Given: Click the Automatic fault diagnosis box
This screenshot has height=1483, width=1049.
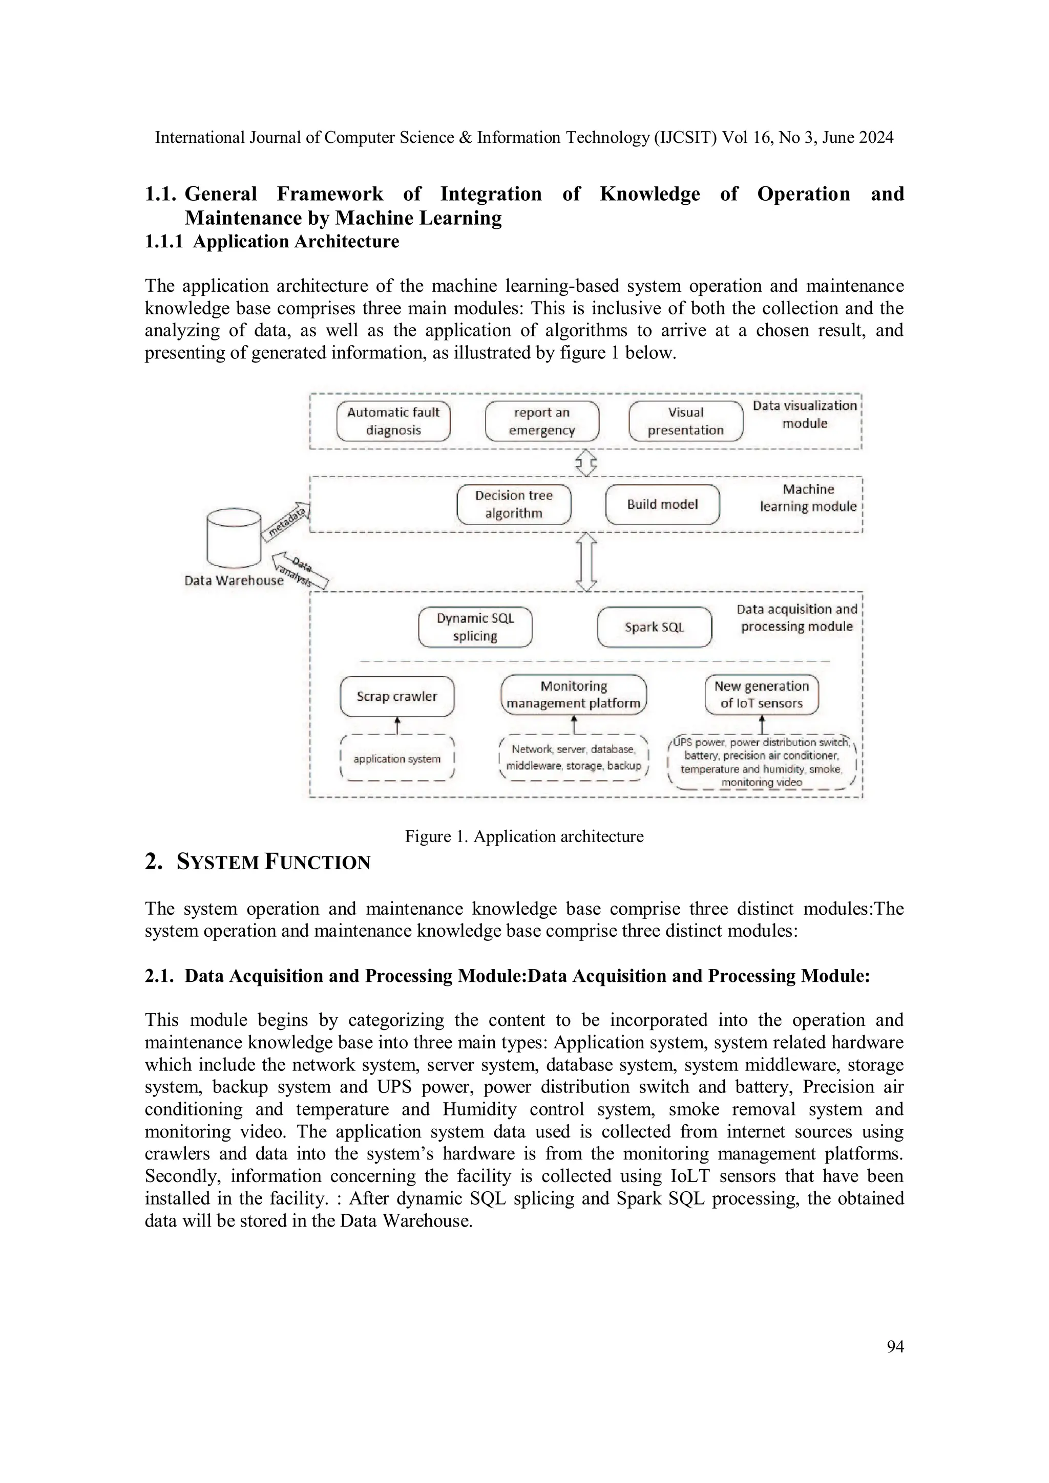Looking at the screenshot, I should pos(393,421).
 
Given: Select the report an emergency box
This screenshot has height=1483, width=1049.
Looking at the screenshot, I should pos(541,421).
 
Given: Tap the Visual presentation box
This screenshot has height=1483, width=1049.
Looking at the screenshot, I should pos(685,421).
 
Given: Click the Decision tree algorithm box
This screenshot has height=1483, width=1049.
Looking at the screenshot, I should pos(514,504).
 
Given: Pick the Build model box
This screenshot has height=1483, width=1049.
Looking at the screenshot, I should pos(662,504).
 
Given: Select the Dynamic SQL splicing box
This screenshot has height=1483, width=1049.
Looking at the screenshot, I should pos(475,627).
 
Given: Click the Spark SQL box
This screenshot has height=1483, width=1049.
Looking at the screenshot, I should pos(654,627).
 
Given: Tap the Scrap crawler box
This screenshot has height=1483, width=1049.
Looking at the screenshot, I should pos(397,696).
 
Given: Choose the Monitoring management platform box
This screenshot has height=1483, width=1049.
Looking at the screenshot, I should pos(573,695).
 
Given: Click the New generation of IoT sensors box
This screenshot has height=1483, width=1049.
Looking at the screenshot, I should pos(761,695).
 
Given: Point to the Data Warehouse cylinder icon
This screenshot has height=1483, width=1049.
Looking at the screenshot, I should pos(234,538).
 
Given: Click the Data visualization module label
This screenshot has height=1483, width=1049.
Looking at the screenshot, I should pos(804,415).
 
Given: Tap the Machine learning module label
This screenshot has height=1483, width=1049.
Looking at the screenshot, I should pos(808,498).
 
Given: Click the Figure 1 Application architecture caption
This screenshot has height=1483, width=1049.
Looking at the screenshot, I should pos(524,836).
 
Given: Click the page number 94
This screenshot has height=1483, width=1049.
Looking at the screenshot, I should pos(895,1346).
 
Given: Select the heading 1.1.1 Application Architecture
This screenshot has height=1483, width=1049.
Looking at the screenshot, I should pos(271,242).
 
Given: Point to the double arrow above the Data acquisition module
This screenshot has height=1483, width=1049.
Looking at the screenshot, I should pos(585,561).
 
